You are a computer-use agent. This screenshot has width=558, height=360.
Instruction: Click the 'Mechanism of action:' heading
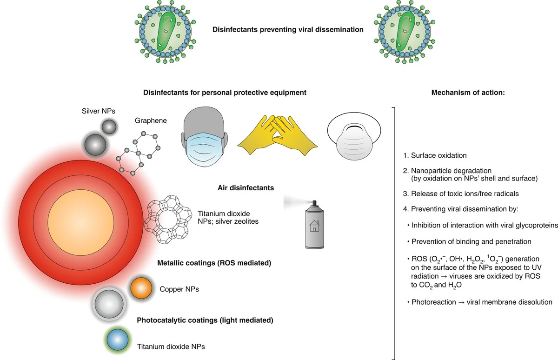pos(468,93)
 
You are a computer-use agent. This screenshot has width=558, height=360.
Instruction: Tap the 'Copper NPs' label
pos(179,289)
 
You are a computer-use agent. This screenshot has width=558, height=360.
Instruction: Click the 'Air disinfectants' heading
pos(246,188)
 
